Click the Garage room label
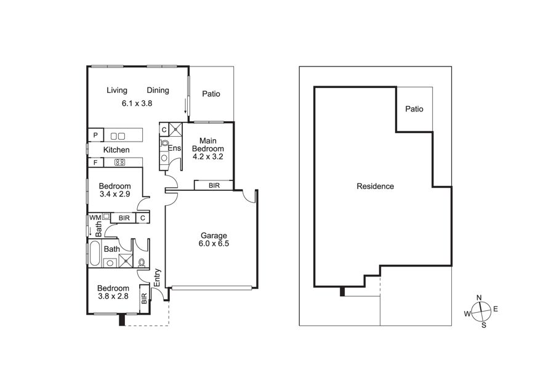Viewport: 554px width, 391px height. click(214, 235)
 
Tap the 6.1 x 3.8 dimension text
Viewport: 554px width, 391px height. click(137, 103)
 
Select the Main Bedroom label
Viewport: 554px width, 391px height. click(208, 145)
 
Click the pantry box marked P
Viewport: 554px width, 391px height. click(95, 135)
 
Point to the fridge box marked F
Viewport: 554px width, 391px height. click(95, 163)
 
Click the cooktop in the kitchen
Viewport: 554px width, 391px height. click(120, 163)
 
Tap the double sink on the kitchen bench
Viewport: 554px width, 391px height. click(118, 135)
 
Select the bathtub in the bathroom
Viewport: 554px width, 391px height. click(95, 253)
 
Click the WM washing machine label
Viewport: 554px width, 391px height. click(95, 217)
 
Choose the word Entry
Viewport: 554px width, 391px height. click(157, 278)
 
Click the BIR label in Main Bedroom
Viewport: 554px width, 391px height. click(214, 185)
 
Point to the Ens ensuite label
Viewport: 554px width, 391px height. click(175, 148)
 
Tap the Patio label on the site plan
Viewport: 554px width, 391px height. click(414, 109)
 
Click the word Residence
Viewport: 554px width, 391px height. click(375, 187)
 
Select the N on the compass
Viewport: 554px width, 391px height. click(479, 297)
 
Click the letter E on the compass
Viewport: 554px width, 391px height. click(496, 309)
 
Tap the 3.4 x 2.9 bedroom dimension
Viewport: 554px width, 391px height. click(115, 194)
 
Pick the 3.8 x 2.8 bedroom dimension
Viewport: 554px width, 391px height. click(113, 296)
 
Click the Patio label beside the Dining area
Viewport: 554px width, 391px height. click(211, 94)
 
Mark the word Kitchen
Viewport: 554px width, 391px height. click(116, 150)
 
